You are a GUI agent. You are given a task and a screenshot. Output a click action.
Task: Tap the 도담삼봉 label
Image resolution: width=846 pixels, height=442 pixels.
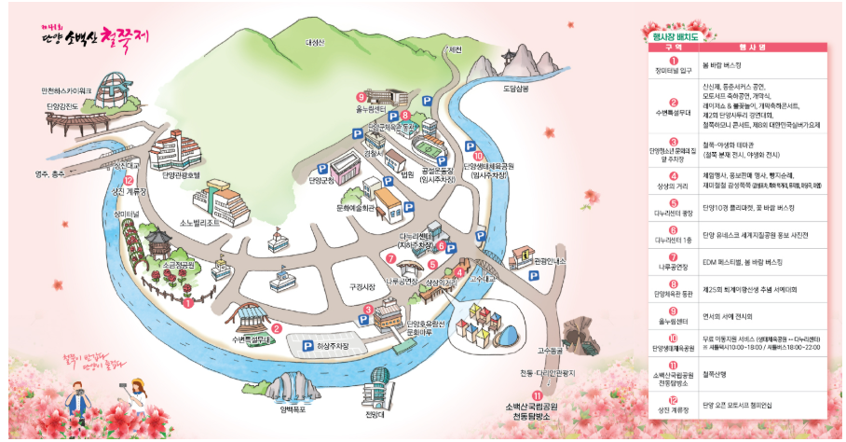tap(515, 89)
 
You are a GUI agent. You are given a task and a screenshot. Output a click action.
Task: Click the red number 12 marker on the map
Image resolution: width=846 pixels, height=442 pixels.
tap(129, 182)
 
